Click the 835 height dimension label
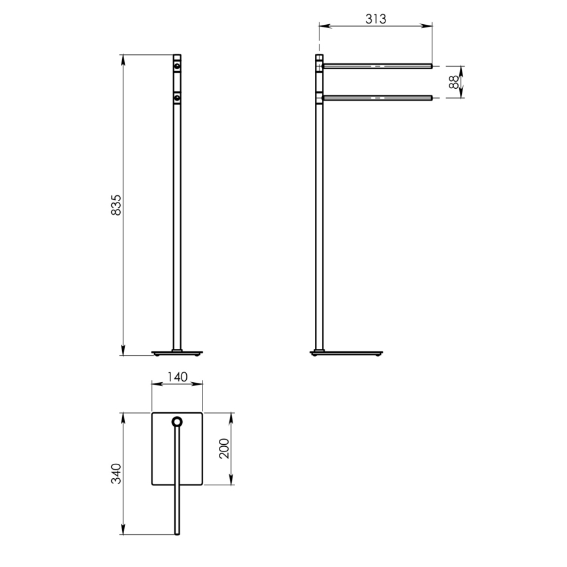pyautogui.click(x=116, y=206)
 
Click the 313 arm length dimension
pyautogui.click(x=375, y=19)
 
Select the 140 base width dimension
pyautogui.click(x=177, y=377)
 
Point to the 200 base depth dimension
pyautogui.click(x=225, y=449)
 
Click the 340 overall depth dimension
pyautogui.click(x=116, y=474)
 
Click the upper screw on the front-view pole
pyautogui.click(x=176, y=67)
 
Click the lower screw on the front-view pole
pyautogui.click(x=176, y=98)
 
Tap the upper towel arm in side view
pyautogui.click(x=377, y=65)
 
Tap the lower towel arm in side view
pyautogui.click(x=377, y=98)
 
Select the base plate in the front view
pyautogui.click(x=176, y=353)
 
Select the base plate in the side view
pyautogui.click(x=348, y=353)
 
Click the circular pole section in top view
pyautogui.click(x=176, y=421)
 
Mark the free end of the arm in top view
pyautogui.click(x=176, y=532)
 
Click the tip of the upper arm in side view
pyautogui.click(x=430, y=65)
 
